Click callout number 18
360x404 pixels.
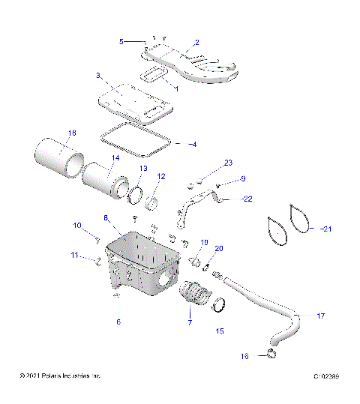(x=72, y=133)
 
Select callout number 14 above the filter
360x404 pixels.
(x=115, y=158)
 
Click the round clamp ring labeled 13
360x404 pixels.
(x=135, y=196)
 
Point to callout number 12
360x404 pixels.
(x=160, y=177)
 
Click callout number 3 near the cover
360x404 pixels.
(x=98, y=76)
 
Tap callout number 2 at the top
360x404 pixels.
(x=196, y=43)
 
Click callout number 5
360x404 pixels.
(x=122, y=42)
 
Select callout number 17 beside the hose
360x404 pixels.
(x=320, y=316)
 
